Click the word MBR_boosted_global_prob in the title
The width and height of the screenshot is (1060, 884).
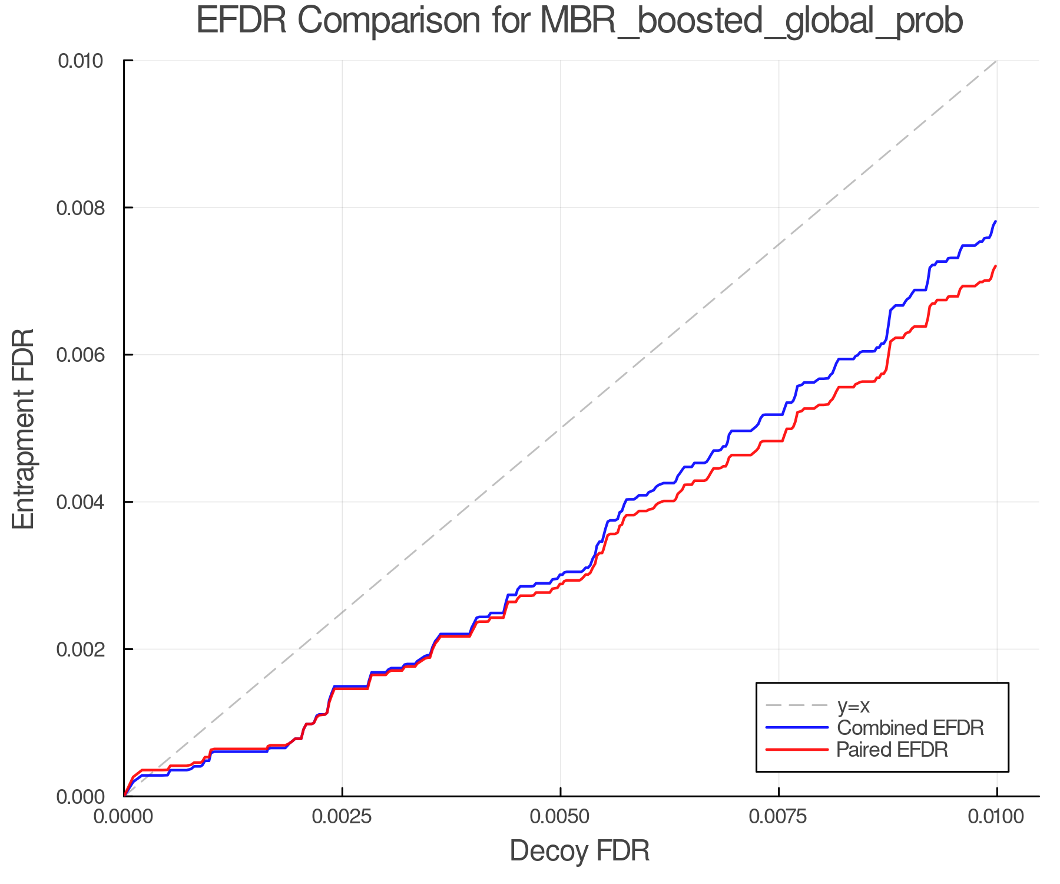coord(751,21)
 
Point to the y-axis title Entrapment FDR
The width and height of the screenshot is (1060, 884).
coord(24,428)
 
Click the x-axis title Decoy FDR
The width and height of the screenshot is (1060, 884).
coord(579,850)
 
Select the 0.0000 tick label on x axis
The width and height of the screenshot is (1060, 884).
coord(124,817)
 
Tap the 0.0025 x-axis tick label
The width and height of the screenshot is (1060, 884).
coord(342,817)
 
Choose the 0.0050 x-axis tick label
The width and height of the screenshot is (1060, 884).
coord(560,817)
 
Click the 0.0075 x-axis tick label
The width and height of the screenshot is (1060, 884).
coord(779,817)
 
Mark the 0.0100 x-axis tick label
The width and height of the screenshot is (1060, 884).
coord(996,817)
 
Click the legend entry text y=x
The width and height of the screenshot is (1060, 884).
coord(853,705)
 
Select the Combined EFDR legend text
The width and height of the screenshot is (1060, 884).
coord(910,728)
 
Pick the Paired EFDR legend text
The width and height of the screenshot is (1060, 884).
coord(892,750)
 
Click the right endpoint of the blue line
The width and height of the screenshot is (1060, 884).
coord(996,222)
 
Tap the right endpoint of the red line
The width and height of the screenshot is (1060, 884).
coord(996,266)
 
